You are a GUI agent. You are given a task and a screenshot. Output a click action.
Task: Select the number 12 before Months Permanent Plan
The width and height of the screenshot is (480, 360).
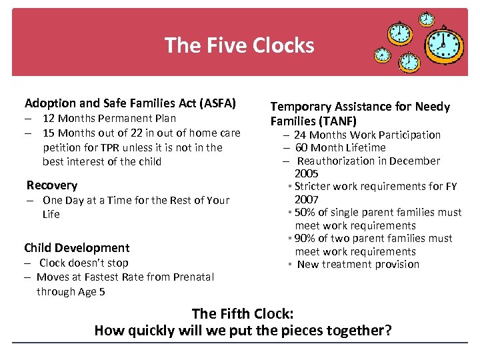tap(49, 119)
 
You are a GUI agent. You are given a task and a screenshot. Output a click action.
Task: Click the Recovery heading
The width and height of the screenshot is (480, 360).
tap(52, 185)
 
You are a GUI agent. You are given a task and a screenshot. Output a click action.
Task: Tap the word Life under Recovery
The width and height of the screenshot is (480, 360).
tap(51, 215)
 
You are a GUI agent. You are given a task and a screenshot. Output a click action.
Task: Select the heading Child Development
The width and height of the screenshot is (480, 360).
tap(77, 248)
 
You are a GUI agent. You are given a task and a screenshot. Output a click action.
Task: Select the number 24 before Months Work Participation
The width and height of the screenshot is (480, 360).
tap(300, 135)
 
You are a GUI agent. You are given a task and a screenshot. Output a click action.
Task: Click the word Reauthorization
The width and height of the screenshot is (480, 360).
tap(334, 161)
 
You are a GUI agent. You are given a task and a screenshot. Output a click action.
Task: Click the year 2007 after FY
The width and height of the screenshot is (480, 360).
tap(307, 199)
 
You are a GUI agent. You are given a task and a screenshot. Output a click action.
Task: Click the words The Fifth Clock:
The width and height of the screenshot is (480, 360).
tap(243, 314)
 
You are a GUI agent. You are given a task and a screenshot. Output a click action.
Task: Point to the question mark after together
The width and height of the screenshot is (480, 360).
tap(388, 331)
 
